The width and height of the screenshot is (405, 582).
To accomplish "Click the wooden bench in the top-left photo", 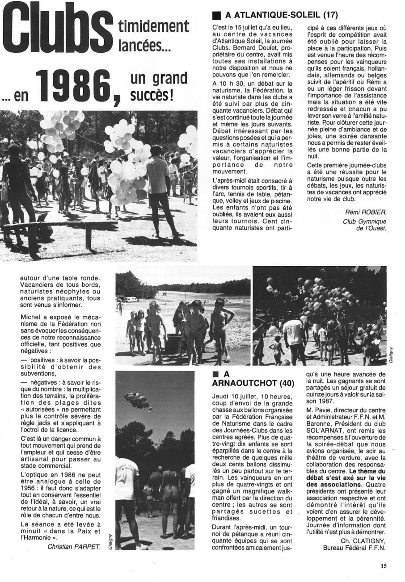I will coord(58,226).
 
